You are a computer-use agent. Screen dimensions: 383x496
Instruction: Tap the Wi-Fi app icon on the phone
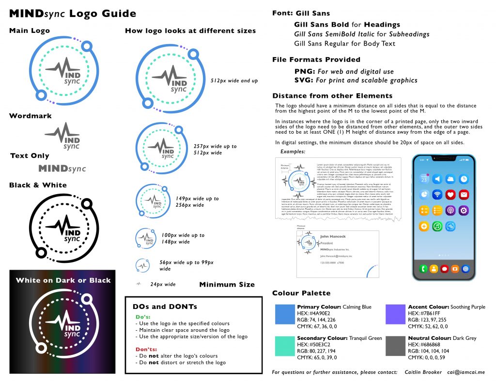437,195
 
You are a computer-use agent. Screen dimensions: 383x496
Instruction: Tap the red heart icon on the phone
450,195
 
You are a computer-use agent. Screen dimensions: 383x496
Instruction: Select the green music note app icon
437,226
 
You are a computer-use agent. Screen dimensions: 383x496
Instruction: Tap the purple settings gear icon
464,210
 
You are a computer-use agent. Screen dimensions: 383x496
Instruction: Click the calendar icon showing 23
424,179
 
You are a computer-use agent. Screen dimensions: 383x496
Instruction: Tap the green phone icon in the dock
423,268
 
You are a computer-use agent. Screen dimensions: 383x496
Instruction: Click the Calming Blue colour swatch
284,314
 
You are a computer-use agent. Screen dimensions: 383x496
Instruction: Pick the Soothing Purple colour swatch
395,314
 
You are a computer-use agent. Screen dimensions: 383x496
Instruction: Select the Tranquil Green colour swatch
284,345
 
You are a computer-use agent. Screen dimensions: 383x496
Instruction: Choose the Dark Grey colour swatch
395,345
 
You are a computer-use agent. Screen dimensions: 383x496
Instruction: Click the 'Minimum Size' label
227,285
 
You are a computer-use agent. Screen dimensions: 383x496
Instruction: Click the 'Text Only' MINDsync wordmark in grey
62,169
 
